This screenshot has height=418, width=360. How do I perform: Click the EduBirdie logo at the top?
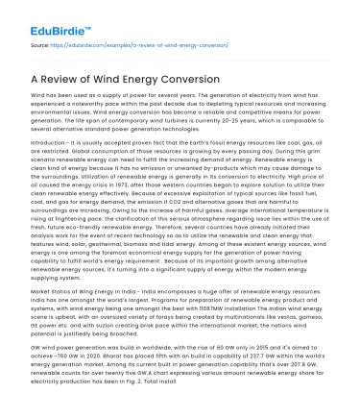pyautogui.click(x=42, y=14)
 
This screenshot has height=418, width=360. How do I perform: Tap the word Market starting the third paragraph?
pyautogui.click(x=42, y=286)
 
